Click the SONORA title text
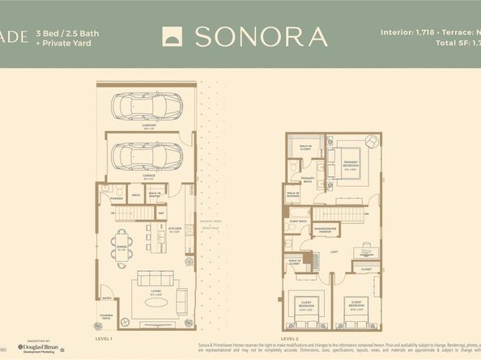[261, 36]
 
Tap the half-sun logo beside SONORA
[174, 36]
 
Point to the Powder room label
[116, 195]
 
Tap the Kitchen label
[173, 229]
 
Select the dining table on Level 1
[120, 246]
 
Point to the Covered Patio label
[106, 313]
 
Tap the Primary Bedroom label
[350, 171]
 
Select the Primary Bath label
[308, 180]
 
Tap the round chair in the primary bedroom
[372, 142]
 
